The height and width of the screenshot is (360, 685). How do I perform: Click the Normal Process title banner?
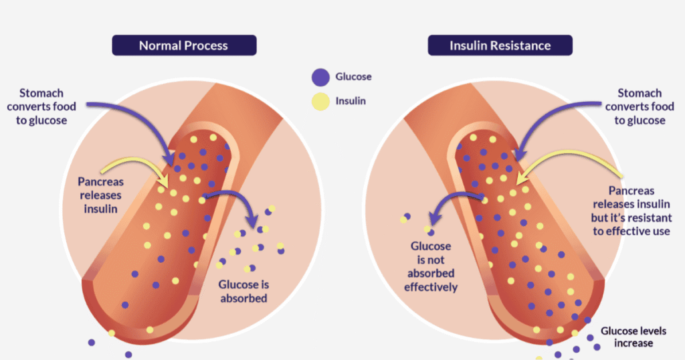click(x=183, y=46)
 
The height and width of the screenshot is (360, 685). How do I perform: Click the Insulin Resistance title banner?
click(x=500, y=46)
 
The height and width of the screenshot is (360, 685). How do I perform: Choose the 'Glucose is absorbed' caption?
click(x=243, y=291)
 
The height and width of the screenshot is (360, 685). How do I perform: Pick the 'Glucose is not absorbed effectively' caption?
click(x=431, y=266)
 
